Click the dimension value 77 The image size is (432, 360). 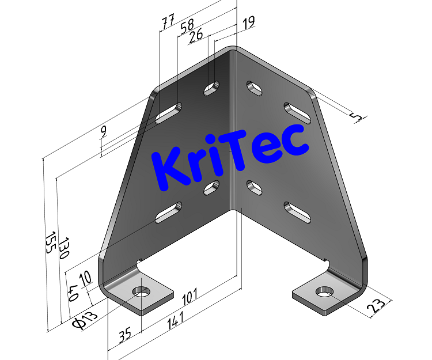pos(168,22)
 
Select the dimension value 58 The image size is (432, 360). pos(187,28)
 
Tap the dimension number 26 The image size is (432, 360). pos(196,35)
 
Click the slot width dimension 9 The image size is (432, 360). pos(103,132)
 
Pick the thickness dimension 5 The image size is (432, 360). pos(358,118)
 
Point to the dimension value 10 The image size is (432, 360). pos(85,278)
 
